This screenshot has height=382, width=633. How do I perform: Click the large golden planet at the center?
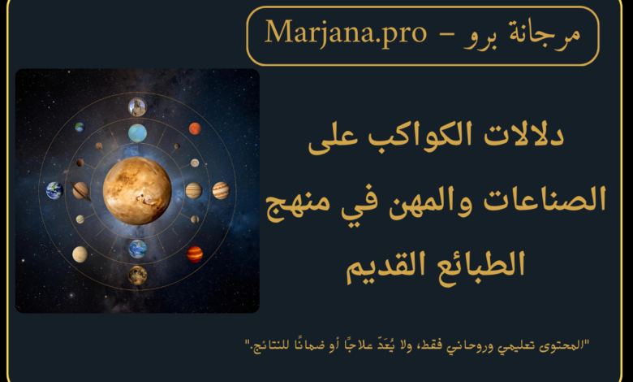click(137, 191)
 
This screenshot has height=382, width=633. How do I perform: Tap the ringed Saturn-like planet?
click(80, 190)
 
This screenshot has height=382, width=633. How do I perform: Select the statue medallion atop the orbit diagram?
click(137, 107)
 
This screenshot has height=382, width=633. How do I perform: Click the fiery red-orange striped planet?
click(195, 254)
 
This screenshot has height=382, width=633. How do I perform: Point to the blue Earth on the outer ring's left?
click(54, 190)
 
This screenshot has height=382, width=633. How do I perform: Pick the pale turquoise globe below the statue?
click(137, 133)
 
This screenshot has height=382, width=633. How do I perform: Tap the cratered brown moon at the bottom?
click(137, 276)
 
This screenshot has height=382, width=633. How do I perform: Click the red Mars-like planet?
click(195, 128)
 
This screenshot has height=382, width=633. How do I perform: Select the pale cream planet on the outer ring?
click(80, 254)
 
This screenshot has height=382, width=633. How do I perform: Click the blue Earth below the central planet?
click(137, 249)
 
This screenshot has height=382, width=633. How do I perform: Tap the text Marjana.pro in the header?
click(346, 33)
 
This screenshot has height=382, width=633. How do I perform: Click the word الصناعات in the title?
click(545, 199)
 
